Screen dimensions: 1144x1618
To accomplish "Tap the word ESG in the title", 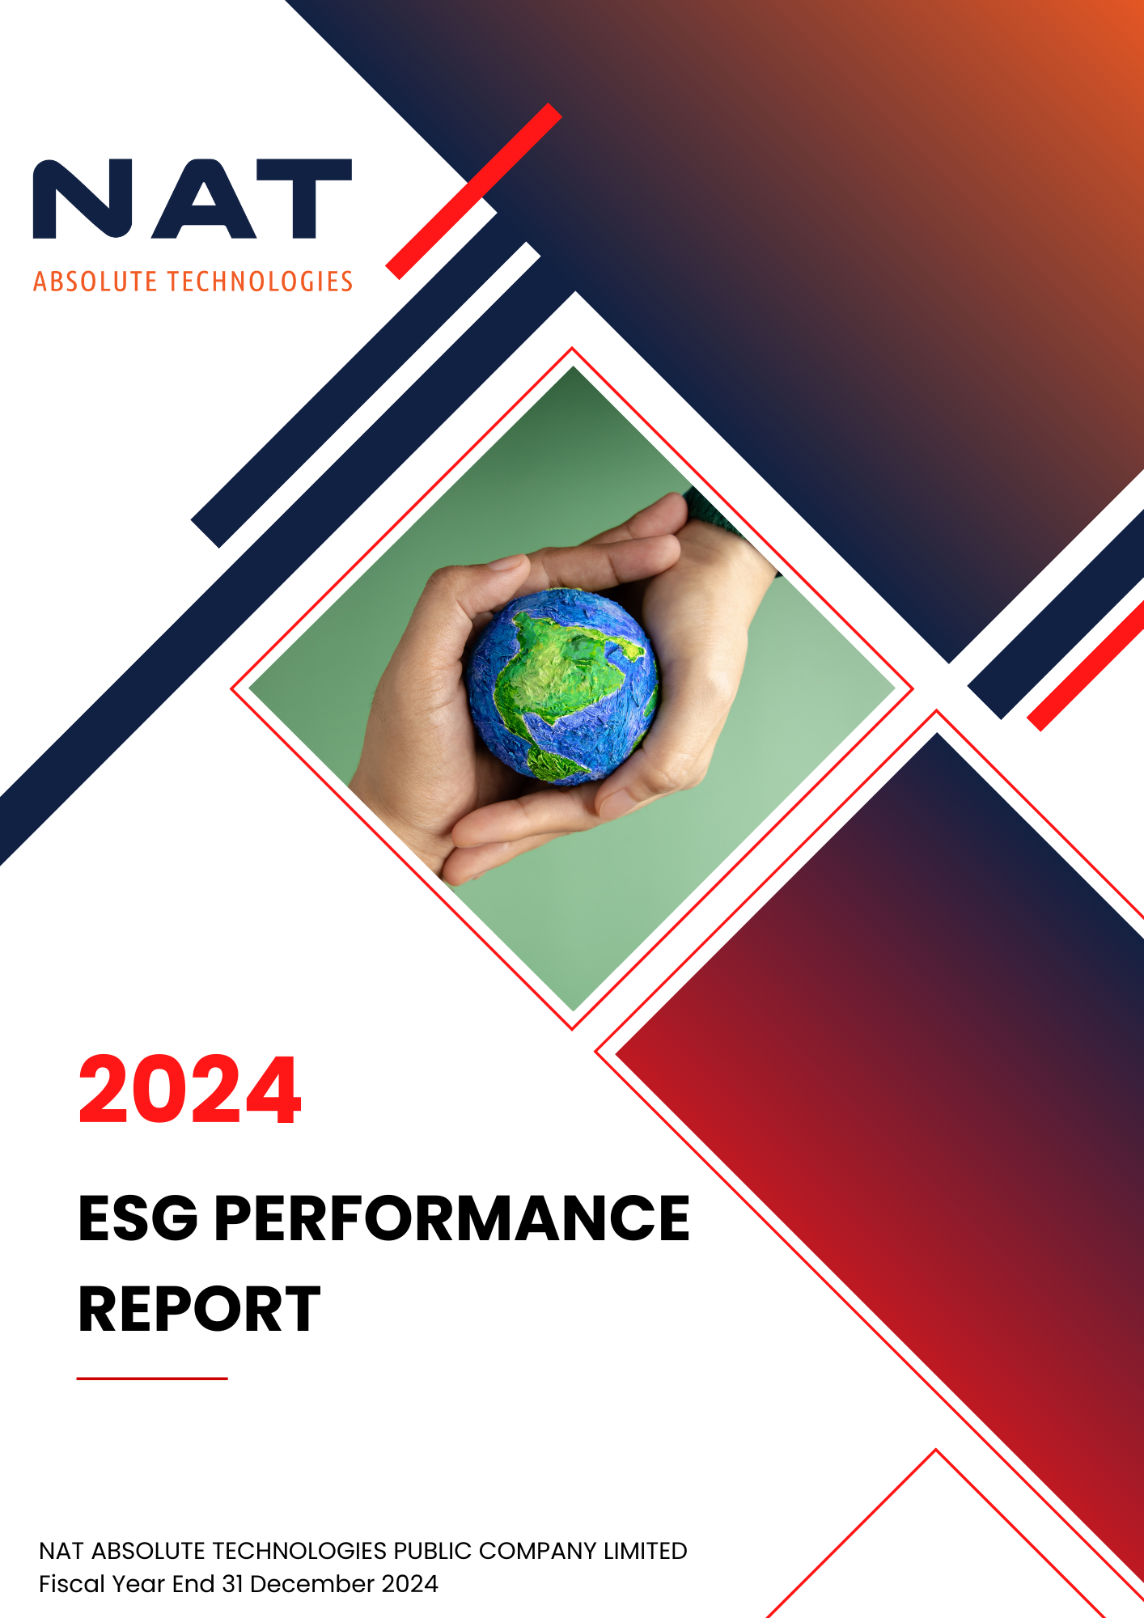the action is coord(138,1218).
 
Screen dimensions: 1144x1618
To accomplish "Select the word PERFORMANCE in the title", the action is coord(452,1218).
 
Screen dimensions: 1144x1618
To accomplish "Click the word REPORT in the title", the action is coord(199,1308).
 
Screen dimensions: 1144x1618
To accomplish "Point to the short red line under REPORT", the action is coord(152,1378).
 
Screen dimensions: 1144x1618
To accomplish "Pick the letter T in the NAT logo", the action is coord(303,198).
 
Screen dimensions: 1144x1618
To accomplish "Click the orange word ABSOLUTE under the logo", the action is coord(95,282).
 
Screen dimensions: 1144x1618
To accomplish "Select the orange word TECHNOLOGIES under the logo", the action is coord(260,282).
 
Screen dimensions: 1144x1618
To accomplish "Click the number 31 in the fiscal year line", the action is coord(233,1584).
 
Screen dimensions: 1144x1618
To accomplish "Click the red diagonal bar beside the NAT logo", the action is coord(474,191).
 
